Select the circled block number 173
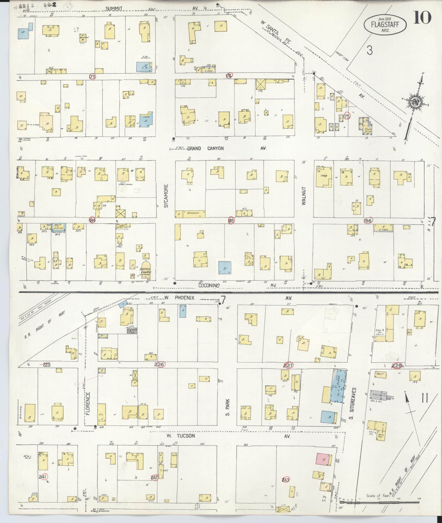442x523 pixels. pyautogui.click(x=93, y=77)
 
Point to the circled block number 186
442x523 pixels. pyautogui.click(x=368, y=221)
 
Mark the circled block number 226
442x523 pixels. pyautogui.click(x=159, y=364)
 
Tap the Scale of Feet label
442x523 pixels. pyautogui.click(x=378, y=496)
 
